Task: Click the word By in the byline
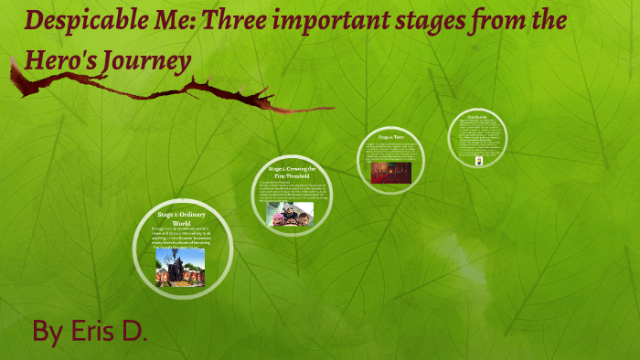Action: pyautogui.click(x=48, y=331)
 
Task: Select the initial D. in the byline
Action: pyautogui.click(x=133, y=331)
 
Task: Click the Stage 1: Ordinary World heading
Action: pyautogui.click(x=180, y=218)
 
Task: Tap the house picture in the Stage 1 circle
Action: pyautogui.click(x=179, y=267)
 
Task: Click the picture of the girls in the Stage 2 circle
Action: pyautogui.click(x=290, y=214)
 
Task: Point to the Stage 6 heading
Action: pyautogui.click(x=391, y=137)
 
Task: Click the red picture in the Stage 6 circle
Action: pyautogui.click(x=390, y=172)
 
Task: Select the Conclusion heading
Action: pyautogui.click(x=477, y=119)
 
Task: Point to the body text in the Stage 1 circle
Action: pyautogui.click(x=180, y=237)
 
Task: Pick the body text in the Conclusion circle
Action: pyautogui.click(x=477, y=137)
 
